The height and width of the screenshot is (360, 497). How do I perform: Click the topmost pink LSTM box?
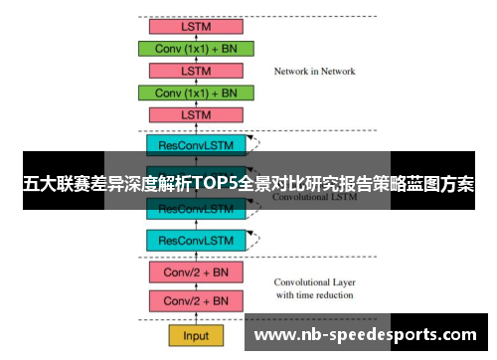click(196, 26)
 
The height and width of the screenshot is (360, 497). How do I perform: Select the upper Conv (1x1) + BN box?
click(196, 48)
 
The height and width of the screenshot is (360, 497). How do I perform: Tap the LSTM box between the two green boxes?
click(196, 71)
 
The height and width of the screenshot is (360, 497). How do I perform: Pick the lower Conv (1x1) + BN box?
click(196, 92)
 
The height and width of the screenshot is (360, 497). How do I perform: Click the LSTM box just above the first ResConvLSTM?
click(196, 114)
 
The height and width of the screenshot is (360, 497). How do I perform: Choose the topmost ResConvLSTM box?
click(196, 145)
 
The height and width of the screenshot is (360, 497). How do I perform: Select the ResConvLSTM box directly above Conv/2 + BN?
click(196, 240)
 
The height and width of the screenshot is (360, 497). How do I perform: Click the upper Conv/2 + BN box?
click(196, 271)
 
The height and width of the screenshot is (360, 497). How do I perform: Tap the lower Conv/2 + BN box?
click(196, 300)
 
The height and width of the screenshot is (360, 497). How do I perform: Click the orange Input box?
click(196, 335)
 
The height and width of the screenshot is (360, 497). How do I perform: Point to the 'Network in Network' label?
click(314, 72)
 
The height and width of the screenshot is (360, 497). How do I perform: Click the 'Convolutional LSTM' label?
click(315, 197)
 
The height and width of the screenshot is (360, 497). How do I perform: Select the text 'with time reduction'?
click(315, 295)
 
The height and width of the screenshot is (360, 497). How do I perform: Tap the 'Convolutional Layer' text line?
click(315, 281)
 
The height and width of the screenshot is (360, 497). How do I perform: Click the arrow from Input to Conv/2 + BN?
click(196, 318)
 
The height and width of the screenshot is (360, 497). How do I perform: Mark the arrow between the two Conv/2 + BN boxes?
click(196, 286)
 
